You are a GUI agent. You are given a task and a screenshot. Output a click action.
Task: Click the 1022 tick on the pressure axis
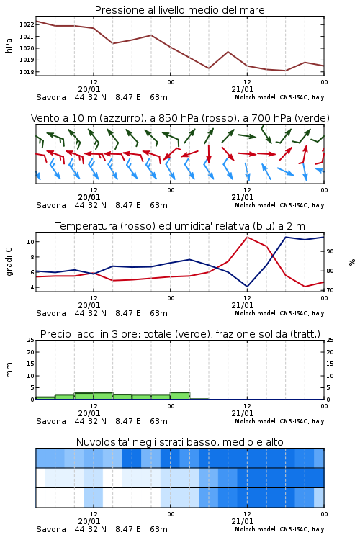27,24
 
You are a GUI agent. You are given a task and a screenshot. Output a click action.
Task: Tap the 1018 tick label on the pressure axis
27,72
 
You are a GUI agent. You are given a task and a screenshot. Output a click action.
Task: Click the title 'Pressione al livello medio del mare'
180,10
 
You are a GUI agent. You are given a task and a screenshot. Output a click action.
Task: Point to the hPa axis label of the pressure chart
9,45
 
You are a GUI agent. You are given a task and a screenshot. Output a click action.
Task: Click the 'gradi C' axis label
9,261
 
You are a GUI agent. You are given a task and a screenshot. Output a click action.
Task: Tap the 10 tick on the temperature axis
30,242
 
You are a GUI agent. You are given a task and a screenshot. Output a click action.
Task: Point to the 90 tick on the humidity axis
330,251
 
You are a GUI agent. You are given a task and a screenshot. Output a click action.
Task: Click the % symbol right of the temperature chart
352,262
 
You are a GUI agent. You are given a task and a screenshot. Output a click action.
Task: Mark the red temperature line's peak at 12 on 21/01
247,237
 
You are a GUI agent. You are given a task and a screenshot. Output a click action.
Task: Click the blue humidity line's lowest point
247,287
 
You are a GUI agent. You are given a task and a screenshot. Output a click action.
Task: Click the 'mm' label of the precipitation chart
9,369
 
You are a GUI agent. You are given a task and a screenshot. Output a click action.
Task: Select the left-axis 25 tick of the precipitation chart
31,340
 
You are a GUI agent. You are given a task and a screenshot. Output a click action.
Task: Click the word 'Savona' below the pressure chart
51,97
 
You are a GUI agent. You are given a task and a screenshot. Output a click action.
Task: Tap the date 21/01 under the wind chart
242,197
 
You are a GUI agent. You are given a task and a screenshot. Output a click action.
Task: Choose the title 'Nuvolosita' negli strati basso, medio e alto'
180,442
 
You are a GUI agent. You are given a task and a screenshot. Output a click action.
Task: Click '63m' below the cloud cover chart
159,529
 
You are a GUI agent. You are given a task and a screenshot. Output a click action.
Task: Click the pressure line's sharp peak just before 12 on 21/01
228,52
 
